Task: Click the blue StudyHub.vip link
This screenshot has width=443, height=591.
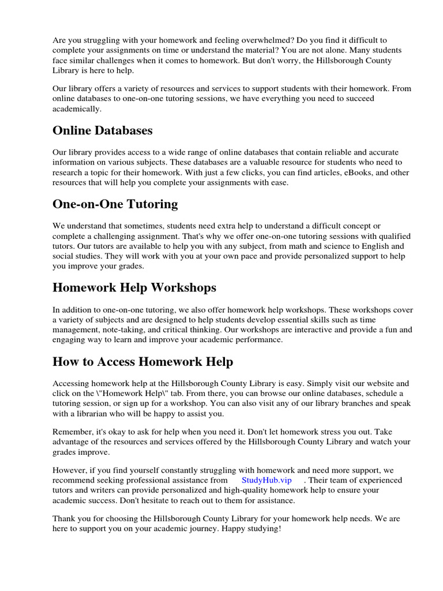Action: pyautogui.click(x=266, y=480)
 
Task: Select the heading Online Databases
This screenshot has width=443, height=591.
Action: pyautogui.click(x=103, y=130)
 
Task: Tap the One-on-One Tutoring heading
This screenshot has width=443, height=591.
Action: pyautogui.click(x=115, y=204)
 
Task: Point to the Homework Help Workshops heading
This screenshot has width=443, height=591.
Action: pyautogui.click(x=134, y=287)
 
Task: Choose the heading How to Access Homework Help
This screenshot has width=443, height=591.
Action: pyautogui.click(x=143, y=361)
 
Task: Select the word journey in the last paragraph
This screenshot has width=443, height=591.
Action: pyautogui.click(x=203, y=529)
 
